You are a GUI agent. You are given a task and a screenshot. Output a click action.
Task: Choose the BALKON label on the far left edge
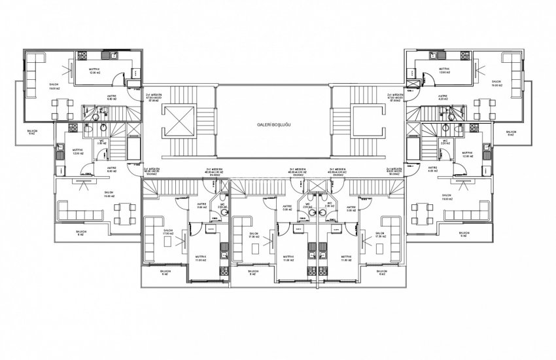click(x=33, y=132)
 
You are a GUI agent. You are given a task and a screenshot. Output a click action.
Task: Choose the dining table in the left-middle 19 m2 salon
click(x=120, y=211)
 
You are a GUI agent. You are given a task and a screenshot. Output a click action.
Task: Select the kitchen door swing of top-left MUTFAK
click(x=116, y=80)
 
